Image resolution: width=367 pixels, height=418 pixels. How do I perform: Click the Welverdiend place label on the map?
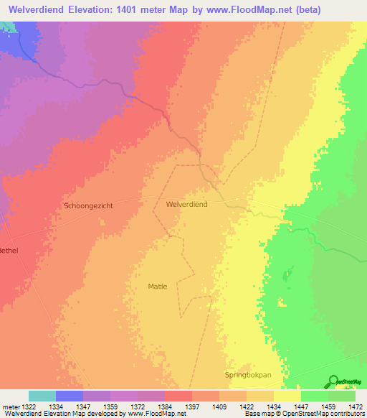[x=186, y=205]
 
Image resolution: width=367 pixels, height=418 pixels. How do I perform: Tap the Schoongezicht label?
[x=88, y=205]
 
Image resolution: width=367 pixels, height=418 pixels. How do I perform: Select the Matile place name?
[x=157, y=287]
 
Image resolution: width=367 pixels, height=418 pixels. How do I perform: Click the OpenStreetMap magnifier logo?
[x=333, y=381]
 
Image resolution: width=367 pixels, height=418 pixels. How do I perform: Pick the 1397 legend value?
[x=191, y=407]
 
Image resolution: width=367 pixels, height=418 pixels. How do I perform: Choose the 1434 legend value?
[x=274, y=407]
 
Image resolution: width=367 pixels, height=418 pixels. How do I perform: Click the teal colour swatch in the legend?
[x=42, y=396]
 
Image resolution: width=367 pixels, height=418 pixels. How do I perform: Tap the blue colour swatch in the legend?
[x=70, y=396]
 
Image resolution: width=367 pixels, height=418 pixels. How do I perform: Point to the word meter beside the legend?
[x=10, y=407]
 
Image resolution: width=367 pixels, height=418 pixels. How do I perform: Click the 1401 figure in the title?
[x=137, y=9]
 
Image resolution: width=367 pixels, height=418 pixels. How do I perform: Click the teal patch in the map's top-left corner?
[x=7, y=27]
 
